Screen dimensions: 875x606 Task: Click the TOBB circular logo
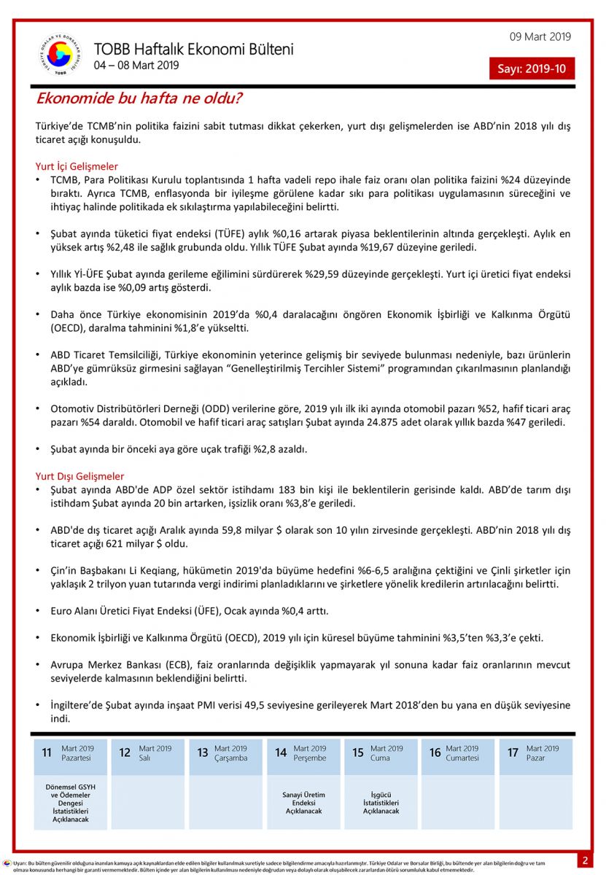click(60, 55)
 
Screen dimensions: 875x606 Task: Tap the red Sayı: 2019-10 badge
click(532, 69)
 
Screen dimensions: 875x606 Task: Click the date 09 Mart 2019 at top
click(540, 37)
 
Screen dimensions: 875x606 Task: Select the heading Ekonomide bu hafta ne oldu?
click(139, 98)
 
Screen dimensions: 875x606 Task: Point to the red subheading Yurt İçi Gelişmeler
click(77, 166)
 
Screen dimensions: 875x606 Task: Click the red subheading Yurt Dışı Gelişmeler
click(79, 476)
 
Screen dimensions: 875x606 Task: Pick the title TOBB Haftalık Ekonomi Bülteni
click(193, 50)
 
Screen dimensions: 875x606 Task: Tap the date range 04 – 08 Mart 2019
click(136, 66)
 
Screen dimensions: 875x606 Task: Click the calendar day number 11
click(47, 752)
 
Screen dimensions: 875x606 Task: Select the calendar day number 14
click(281, 752)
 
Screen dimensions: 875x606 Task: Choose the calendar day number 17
click(513, 752)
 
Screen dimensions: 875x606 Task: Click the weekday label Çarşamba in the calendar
click(231, 758)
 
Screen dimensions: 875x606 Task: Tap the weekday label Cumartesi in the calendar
click(463, 758)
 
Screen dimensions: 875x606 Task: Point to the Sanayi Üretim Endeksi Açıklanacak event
click(303, 803)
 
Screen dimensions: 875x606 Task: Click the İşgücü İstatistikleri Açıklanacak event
click(381, 803)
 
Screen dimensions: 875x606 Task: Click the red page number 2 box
click(585, 860)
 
